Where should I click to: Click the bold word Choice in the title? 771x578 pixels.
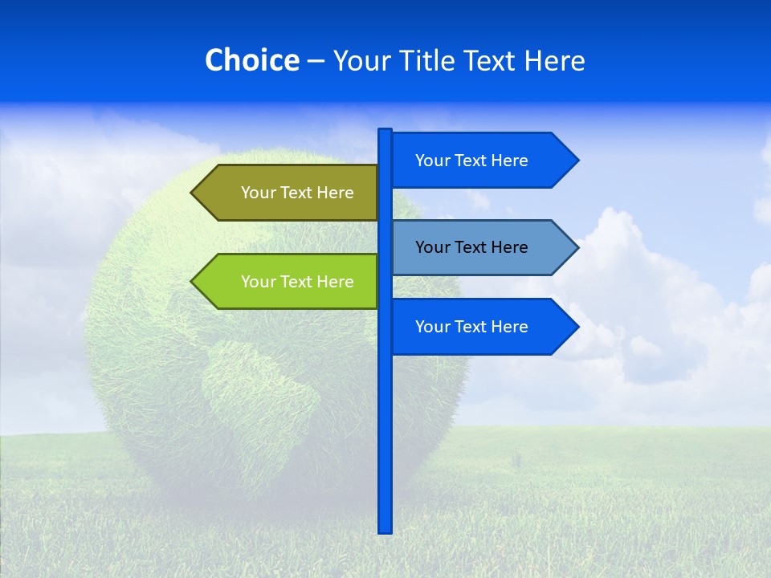click(251, 60)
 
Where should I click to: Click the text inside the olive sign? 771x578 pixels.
click(297, 193)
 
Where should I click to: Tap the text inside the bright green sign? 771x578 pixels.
click(297, 282)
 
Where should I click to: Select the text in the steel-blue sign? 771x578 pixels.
click(471, 247)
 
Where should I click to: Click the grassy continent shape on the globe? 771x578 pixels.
click(257, 385)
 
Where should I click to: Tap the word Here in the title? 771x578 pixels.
click(554, 60)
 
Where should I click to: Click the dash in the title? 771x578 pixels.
click(316, 61)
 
